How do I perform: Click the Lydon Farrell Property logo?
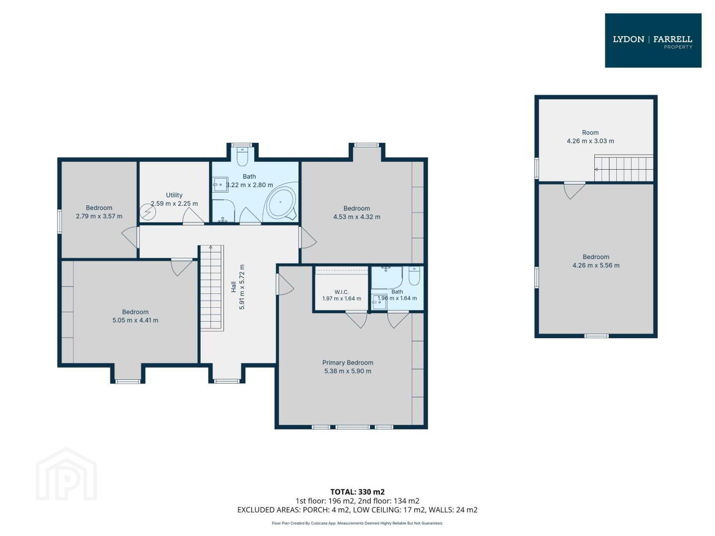pos(653,40)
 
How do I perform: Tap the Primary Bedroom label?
pos(348,362)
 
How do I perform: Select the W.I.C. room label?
pos(342,292)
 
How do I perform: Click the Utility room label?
pos(174,195)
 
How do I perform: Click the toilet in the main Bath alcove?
pos(242,156)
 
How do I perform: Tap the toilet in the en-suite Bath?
pos(414,276)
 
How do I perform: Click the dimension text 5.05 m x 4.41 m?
pos(135,320)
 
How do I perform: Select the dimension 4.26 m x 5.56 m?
pos(596,265)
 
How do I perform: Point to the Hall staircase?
pos(212,288)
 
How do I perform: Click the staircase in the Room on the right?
pos(624,168)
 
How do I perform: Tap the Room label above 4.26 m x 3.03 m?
pos(590,133)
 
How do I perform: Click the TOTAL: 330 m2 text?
pos(357,501)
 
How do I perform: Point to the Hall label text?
pos(233,287)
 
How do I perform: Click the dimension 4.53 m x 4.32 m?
pos(357,217)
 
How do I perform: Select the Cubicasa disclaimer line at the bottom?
pos(357,523)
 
